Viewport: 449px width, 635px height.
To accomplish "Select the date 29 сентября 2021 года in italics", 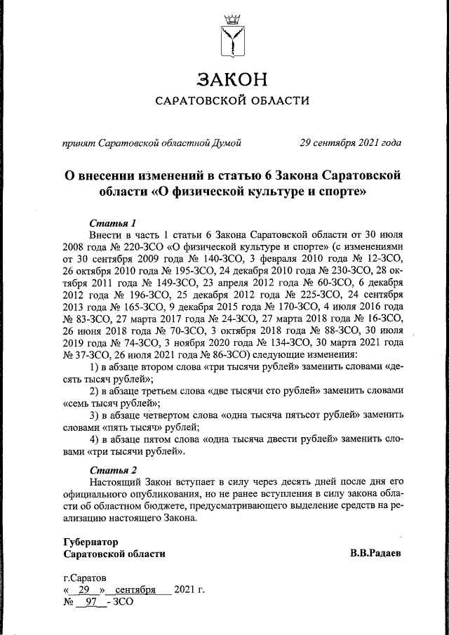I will [350, 143].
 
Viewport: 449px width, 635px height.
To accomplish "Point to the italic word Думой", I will [227, 143].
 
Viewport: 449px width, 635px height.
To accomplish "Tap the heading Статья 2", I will [113, 469].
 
